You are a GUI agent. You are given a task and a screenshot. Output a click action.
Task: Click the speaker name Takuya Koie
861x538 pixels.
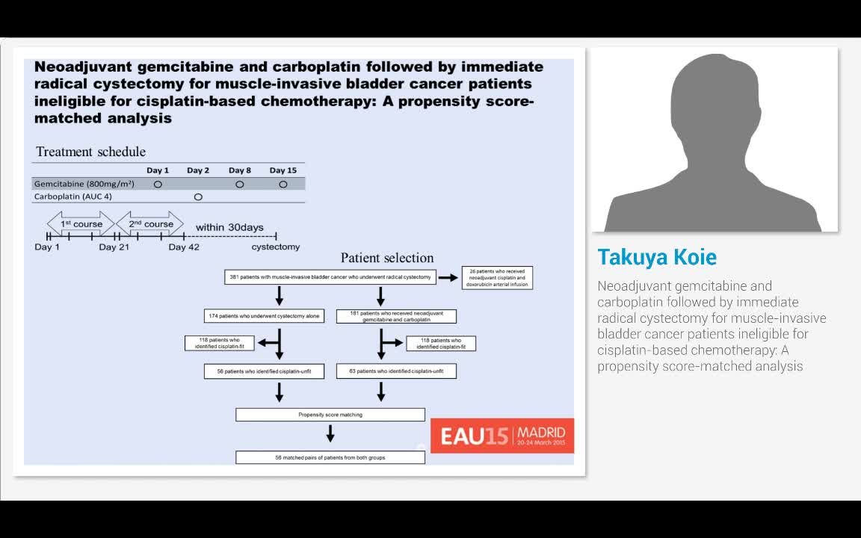pos(657,257)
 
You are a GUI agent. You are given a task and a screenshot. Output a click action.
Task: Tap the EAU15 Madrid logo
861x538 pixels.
pos(502,436)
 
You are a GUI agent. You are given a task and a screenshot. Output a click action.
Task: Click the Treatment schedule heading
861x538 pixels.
pos(90,152)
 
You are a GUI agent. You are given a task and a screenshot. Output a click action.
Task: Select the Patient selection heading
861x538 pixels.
pos(387,258)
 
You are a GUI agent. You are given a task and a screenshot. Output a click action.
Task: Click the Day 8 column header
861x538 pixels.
pos(240,170)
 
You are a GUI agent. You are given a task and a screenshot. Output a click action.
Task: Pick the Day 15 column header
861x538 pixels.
pos(283,170)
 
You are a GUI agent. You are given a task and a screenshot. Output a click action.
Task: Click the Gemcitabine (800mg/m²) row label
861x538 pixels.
pos(84,184)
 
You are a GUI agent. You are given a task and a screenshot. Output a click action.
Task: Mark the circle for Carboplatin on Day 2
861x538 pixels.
pos(198,197)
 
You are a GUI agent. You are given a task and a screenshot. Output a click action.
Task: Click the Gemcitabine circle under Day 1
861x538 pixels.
pos(158,184)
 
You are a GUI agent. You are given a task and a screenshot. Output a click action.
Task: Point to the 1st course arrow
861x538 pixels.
pos(80,223)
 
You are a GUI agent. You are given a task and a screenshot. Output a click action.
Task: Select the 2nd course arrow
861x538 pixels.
pos(150,223)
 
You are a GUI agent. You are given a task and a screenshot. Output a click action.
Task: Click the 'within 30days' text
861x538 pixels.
pos(229,227)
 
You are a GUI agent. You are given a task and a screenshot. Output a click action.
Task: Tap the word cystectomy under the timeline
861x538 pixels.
pos(275,247)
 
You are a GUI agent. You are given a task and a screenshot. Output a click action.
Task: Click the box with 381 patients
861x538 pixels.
pos(330,277)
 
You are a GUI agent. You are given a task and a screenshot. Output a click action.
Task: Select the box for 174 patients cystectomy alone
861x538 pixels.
pos(264,316)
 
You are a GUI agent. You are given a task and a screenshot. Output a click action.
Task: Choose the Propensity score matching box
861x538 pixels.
pos(330,414)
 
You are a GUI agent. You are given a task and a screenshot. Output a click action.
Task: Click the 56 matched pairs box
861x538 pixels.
pos(330,457)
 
